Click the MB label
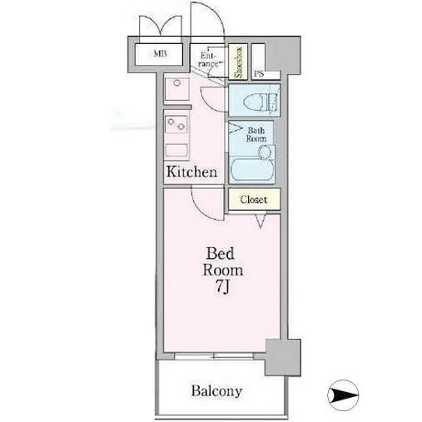[160, 53]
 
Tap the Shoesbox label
[238, 62]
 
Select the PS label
[259, 74]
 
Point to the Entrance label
[209, 60]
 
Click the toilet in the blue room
[260, 102]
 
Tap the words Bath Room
[256, 134]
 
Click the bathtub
[251, 170]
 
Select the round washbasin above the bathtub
[265, 152]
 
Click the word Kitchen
[191, 171]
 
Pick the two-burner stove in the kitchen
[176, 125]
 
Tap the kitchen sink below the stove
[176, 151]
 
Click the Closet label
[254, 200]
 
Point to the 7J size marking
[222, 286]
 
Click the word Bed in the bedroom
[220, 253]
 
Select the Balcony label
[216, 391]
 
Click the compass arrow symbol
[343, 395]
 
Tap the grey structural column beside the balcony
[283, 357]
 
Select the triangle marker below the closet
[261, 221]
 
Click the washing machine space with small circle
[177, 89]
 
